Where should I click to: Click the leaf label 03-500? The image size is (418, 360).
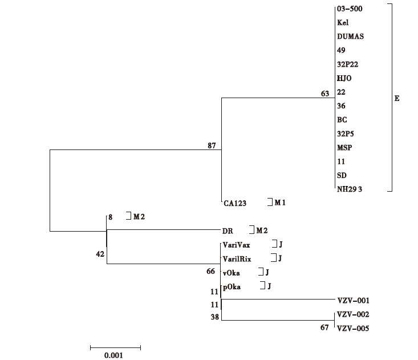tap(348, 9)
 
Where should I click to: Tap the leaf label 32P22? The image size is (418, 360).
tap(348, 64)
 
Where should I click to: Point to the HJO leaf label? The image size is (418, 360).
tap(344, 78)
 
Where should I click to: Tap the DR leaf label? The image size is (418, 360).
tap(228, 230)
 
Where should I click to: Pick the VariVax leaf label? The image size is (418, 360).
tap(236, 245)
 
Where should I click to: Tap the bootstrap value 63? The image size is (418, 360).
tap(325, 94)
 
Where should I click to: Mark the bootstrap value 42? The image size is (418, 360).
tap(100, 254)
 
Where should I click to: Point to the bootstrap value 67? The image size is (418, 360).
tap(325, 328)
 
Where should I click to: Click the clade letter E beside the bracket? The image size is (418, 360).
tap(397, 99)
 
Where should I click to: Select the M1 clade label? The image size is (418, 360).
tap(280, 203)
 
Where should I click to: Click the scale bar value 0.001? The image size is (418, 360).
tap(113, 355)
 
